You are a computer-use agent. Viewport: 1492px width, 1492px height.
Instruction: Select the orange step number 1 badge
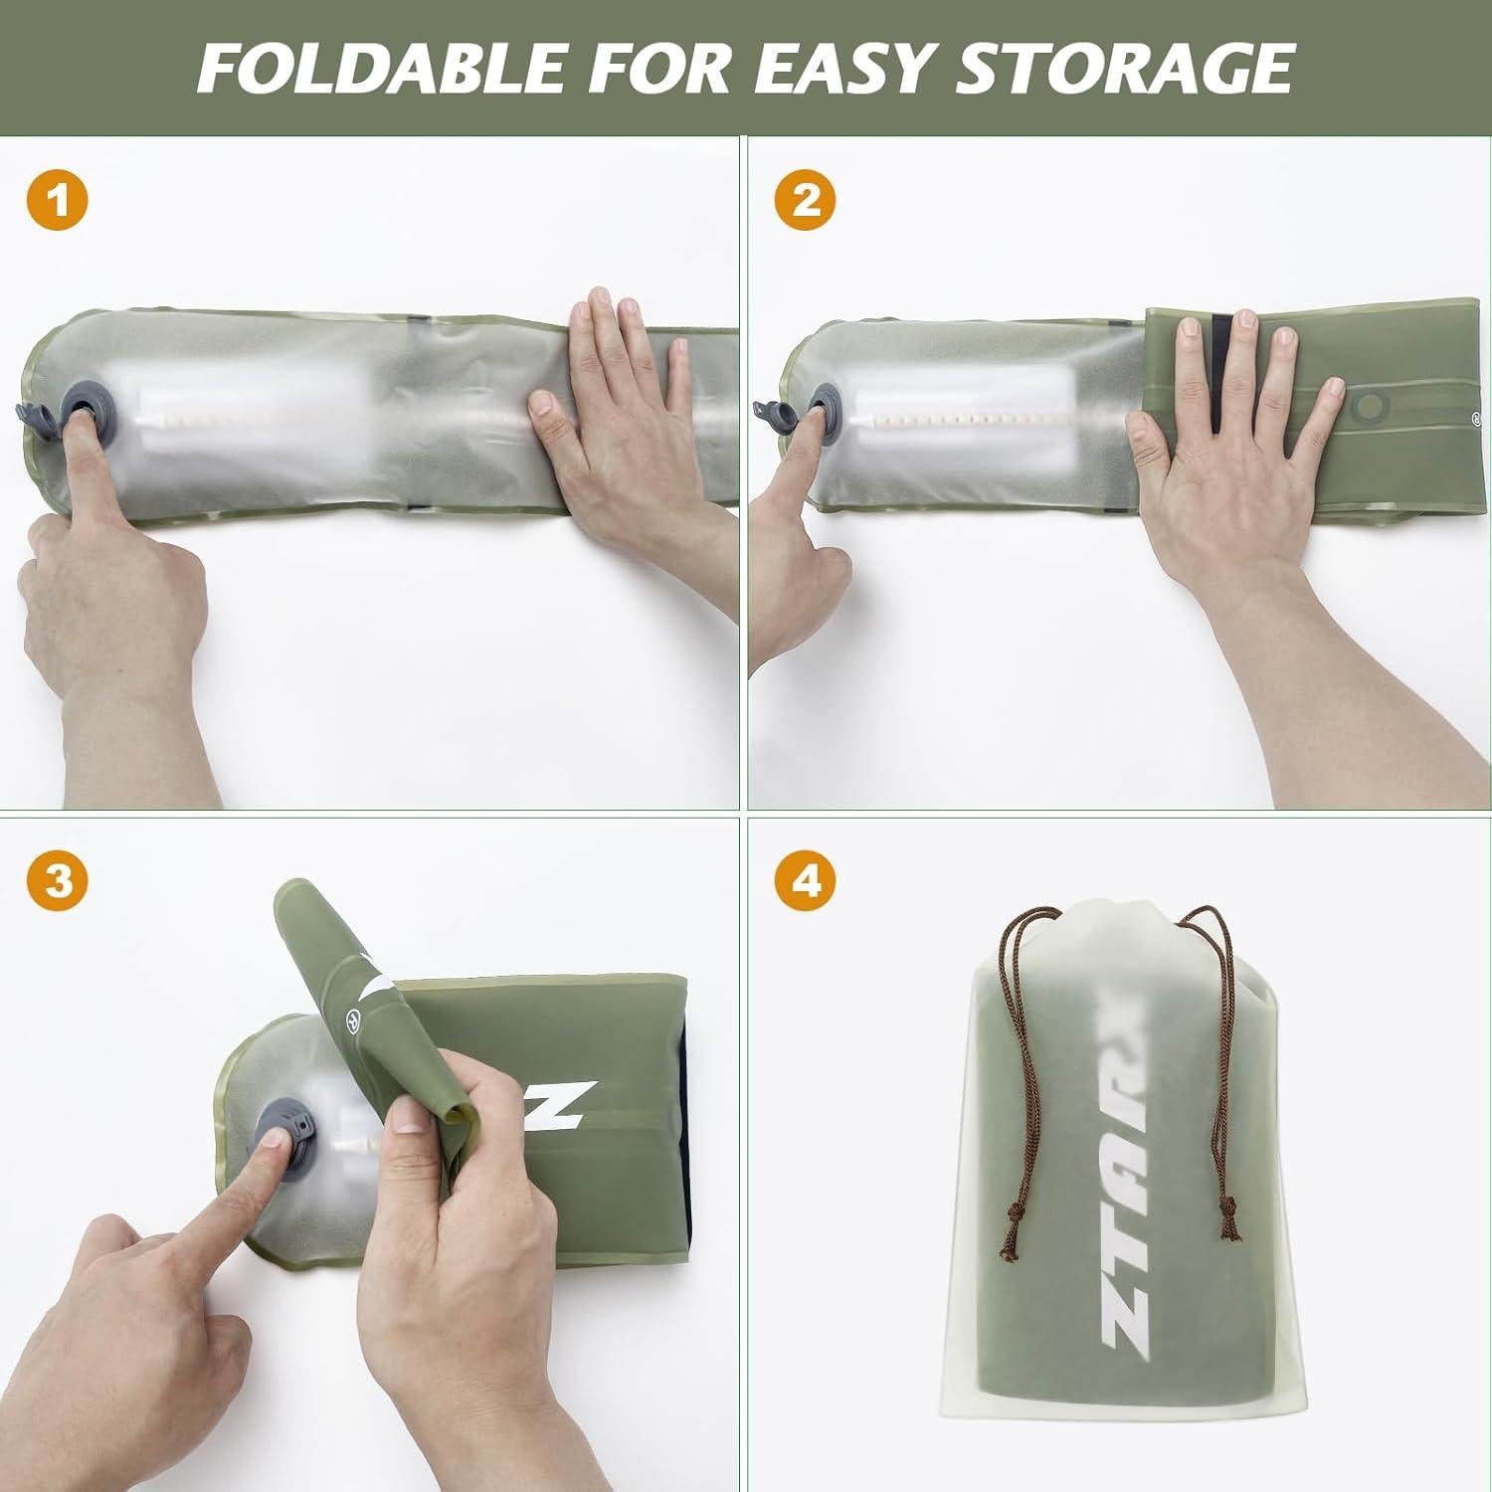click(x=58, y=201)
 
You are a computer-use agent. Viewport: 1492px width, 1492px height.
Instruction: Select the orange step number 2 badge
click(x=806, y=201)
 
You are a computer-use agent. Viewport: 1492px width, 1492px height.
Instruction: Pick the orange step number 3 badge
click(x=58, y=882)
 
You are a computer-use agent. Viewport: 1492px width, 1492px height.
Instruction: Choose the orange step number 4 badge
click(x=806, y=882)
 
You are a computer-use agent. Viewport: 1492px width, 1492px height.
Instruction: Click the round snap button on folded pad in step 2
click(x=1375, y=408)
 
